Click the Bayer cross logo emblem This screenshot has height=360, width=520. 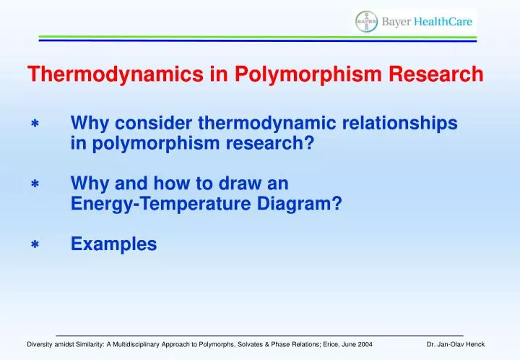click(366, 22)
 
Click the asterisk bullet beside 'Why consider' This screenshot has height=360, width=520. click(34, 125)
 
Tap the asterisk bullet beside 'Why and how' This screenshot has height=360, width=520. click(34, 185)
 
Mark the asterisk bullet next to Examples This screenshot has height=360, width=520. click(34, 246)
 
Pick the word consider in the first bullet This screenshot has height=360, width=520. click(150, 124)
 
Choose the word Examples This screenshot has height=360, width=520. click(113, 245)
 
